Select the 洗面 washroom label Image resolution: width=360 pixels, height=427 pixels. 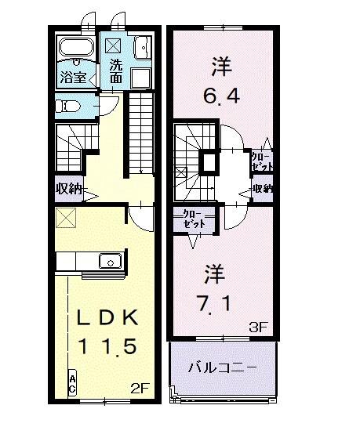point(116,71)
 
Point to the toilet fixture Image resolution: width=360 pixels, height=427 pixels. point(68,106)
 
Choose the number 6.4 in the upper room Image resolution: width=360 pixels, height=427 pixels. point(221,97)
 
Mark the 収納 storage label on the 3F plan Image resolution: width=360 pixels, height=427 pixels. point(263,189)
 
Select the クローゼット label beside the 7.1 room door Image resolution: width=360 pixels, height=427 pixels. point(191,219)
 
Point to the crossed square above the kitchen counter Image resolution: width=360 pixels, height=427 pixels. point(65,219)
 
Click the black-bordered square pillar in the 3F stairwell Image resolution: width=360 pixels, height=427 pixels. point(209,163)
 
